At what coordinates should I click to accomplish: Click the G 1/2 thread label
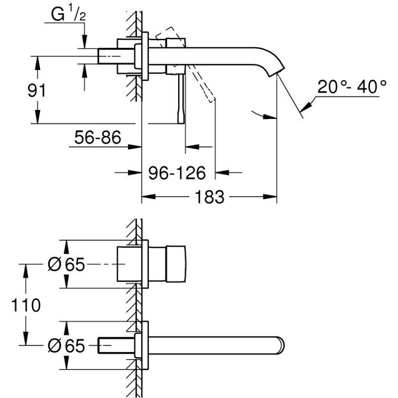click(68, 14)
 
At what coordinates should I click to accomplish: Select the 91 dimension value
click(36, 91)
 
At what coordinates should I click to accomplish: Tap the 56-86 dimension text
click(98, 137)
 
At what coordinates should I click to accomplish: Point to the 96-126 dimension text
click(177, 173)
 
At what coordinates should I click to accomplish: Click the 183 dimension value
click(209, 197)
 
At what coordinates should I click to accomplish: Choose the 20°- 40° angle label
click(352, 87)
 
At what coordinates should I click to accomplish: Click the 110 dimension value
click(26, 305)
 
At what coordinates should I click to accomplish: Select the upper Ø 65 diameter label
click(66, 265)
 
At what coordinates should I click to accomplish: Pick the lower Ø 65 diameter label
click(66, 346)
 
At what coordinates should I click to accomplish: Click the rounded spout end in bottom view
click(281, 345)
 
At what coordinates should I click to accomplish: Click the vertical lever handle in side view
click(181, 99)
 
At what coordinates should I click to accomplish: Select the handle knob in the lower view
click(176, 264)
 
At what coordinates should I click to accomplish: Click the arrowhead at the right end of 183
click(270, 197)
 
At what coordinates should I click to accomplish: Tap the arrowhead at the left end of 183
click(148, 197)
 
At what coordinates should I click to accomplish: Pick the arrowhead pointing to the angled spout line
click(306, 106)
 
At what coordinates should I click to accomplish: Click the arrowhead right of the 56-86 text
click(135, 147)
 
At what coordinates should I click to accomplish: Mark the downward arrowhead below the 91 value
click(38, 117)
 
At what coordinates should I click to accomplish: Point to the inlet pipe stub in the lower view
click(116, 345)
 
